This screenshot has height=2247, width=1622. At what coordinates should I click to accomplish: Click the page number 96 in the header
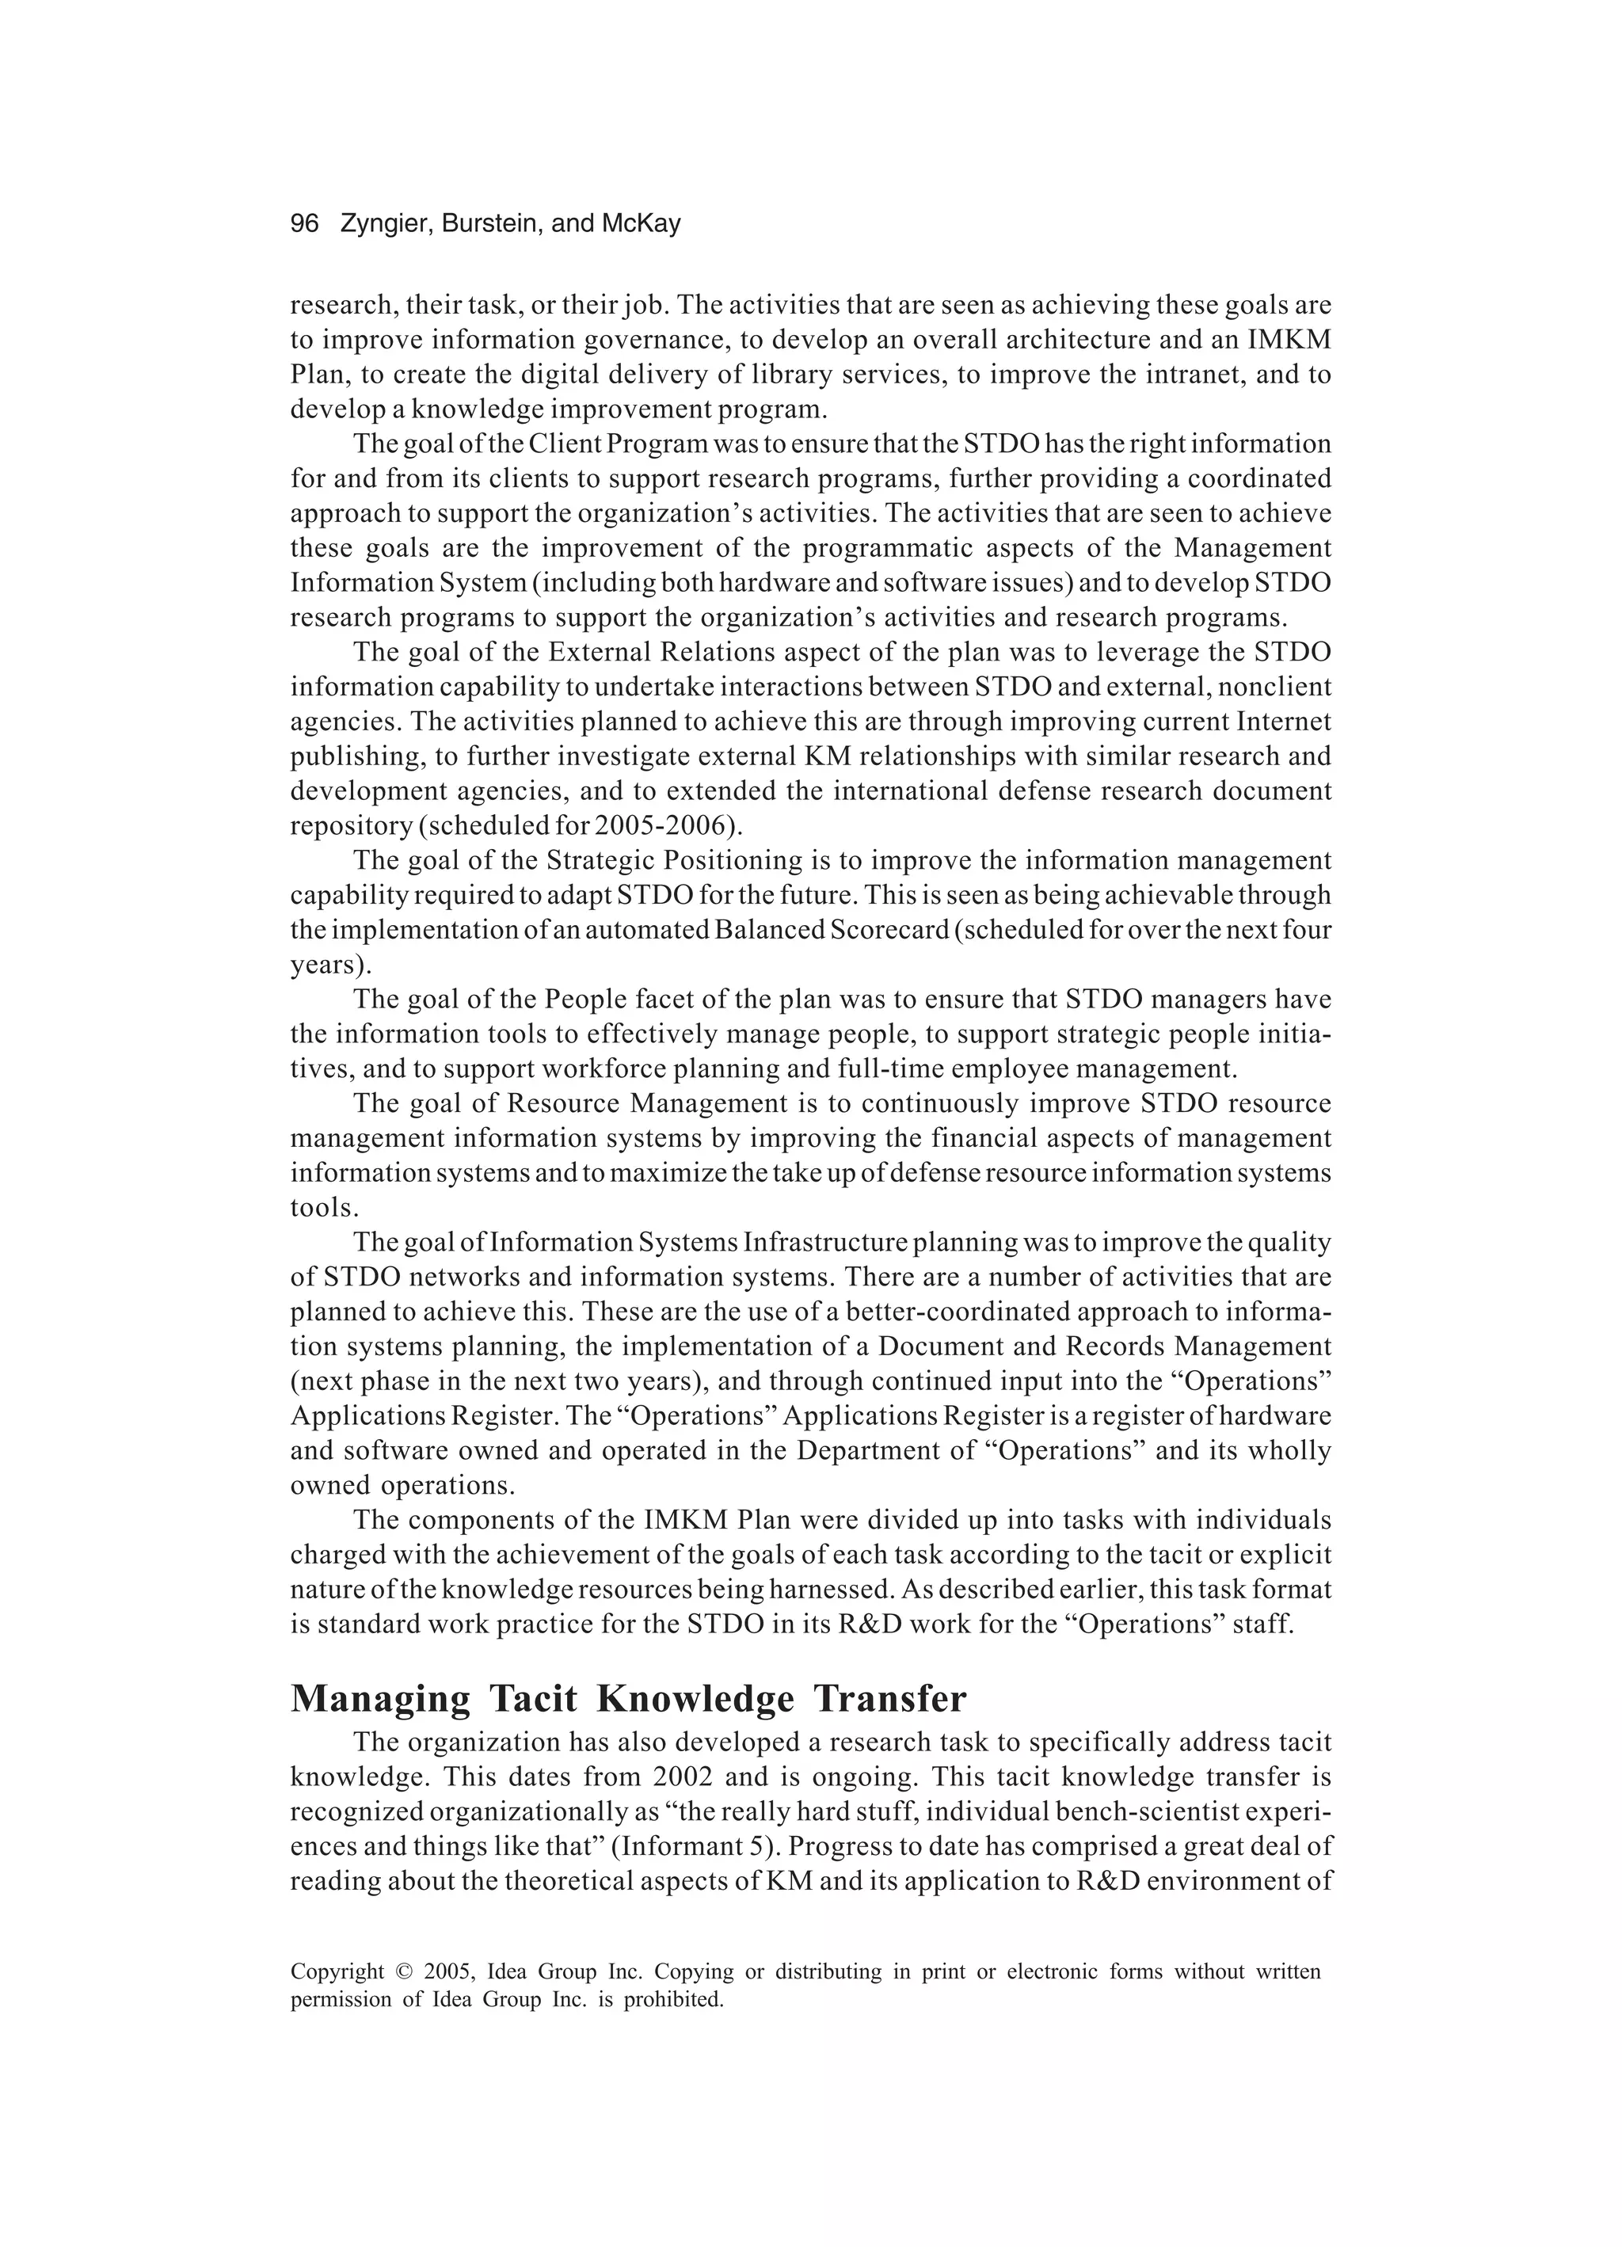click(x=304, y=224)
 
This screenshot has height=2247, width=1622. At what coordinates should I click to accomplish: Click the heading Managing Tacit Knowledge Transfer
click(x=628, y=1698)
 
